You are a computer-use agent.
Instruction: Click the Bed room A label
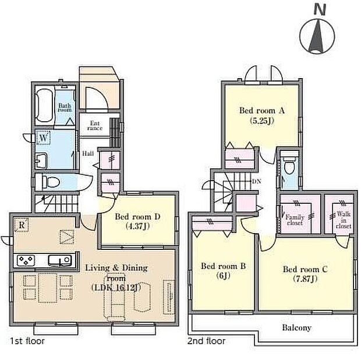[x=262, y=111]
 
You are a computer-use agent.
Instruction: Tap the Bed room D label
[x=137, y=217]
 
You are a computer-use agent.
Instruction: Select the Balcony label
[x=297, y=327]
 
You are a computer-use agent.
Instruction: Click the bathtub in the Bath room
[x=44, y=105]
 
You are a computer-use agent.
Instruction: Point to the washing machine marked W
[x=43, y=138]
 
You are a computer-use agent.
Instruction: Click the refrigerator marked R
[x=22, y=225]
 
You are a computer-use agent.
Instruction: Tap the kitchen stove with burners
[x=26, y=260]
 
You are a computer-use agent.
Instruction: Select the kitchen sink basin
[x=59, y=260]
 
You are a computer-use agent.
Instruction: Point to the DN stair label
[x=257, y=181]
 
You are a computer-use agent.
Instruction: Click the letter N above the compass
[x=320, y=10]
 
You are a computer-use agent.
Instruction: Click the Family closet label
[x=295, y=220]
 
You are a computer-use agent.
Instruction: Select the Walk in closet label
[x=344, y=220]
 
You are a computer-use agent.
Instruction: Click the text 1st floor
[x=27, y=341]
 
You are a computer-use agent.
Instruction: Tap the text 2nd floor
[x=207, y=341]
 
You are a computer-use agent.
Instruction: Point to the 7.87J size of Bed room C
[x=305, y=279]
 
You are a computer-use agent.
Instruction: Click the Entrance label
[x=95, y=126]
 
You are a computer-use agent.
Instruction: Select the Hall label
[x=88, y=153]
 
